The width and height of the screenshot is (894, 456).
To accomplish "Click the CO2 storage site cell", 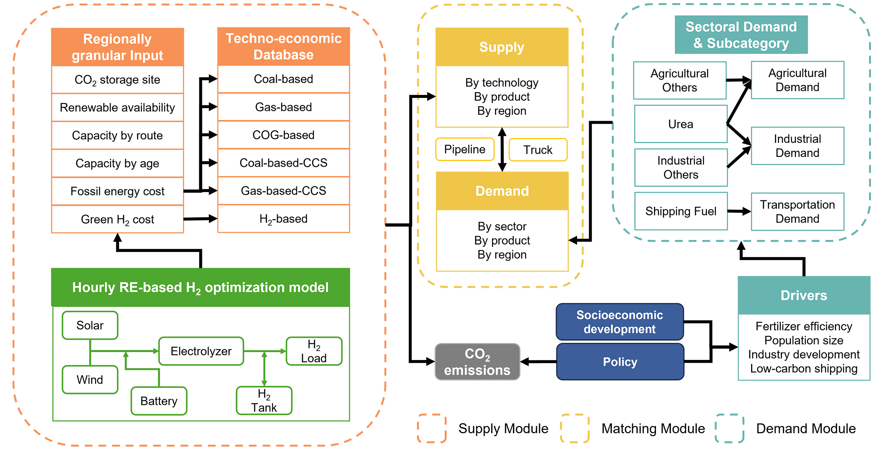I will coord(117,80).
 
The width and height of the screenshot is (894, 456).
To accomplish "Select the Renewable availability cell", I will coord(117,107).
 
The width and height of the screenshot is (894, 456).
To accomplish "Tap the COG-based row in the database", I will coord(283,135).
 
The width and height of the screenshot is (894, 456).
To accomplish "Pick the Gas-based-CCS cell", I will coord(283,191).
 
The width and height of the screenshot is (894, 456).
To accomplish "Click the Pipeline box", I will coord(465,149).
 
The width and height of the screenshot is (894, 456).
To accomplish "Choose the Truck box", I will coord(538,150).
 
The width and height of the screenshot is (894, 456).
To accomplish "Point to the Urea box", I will coord(680,124).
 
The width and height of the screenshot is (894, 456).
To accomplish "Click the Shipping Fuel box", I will coord(681,211).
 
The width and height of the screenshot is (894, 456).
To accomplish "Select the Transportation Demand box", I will coord(797,212).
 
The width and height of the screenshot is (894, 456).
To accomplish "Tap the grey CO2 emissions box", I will coord(477,362).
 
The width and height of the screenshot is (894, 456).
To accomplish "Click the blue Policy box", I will coord(620,362).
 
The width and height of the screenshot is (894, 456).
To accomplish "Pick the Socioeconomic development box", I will coord(620,322).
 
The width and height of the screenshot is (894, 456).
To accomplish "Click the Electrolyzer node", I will coord(201,351).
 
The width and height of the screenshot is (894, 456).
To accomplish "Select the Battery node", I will coord(159,401).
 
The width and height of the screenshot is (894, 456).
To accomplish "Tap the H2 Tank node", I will coord(264,401).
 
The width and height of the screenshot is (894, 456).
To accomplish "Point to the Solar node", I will coord(90,325).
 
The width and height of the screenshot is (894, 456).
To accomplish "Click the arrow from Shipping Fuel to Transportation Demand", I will coord(739,212).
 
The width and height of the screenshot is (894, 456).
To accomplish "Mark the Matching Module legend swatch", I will coord(574,429).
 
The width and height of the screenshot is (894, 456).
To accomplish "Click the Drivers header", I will coord(804,296).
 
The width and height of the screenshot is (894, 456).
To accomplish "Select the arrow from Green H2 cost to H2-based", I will coord(200,219).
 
